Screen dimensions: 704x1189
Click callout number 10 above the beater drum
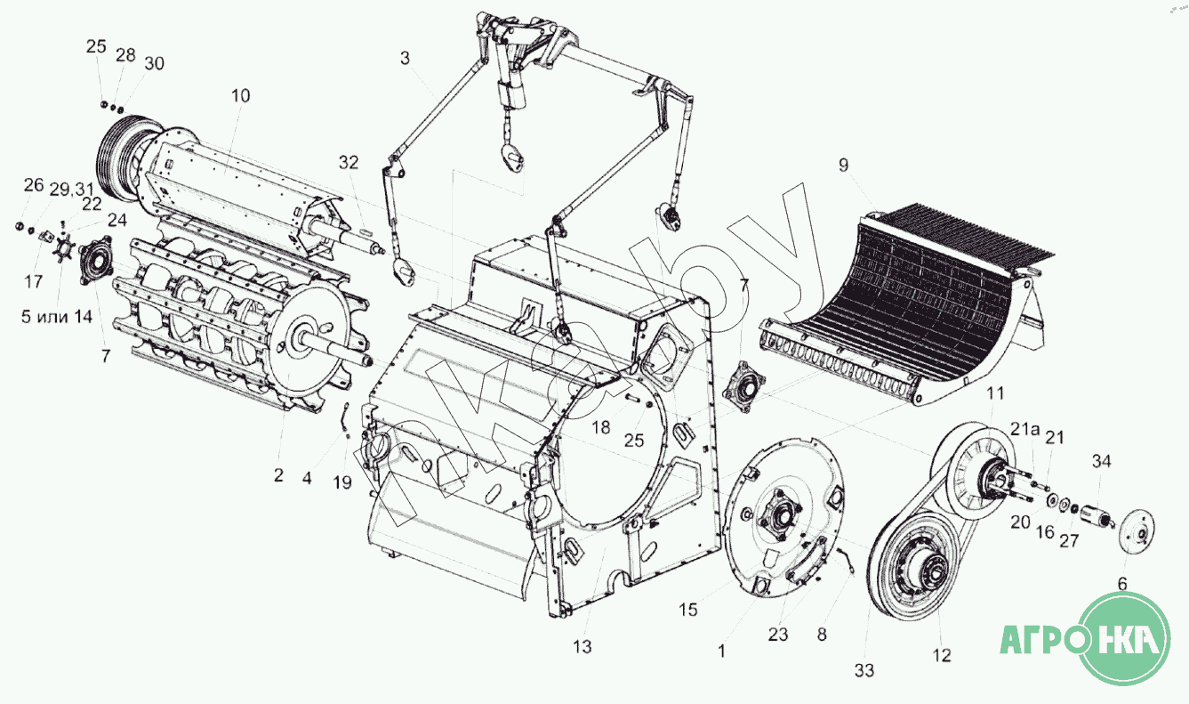pyautogui.click(x=241, y=94)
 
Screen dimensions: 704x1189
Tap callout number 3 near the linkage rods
pyautogui.click(x=405, y=60)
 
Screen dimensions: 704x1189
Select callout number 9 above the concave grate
pyautogui.click(x=843, y=166)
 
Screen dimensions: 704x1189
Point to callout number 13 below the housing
pyautogui.click(x=582, y=647)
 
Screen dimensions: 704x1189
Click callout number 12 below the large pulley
pyautogui.click(x=942, y=656)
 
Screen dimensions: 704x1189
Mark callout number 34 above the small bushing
pyautogui.click(x=1102, y=461)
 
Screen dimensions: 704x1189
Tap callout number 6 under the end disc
pyautogui.click(x=1121, y=584)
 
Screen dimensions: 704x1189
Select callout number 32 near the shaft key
pyautogui.click(x=348, y=162)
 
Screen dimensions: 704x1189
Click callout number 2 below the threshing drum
pyautogui.click(x=278, y=476)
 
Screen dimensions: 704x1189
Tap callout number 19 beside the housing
pyautogui.click(x=342, y=482)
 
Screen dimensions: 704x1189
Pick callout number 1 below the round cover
pyautogui.click(x=721, y=651)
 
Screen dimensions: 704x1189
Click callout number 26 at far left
pyautogui.click(x=33, y=185)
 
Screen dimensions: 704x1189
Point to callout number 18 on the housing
pyautogui.click(x=602, y=427)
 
